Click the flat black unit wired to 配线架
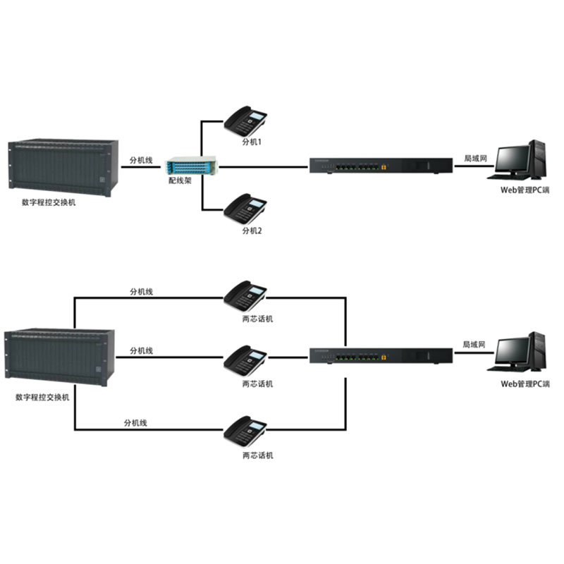click(381, 166)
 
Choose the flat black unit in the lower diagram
click(381, 356)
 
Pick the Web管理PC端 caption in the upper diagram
click(524, 190)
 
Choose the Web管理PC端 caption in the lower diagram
click(524, 384)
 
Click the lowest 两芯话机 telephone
click(245, 434)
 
